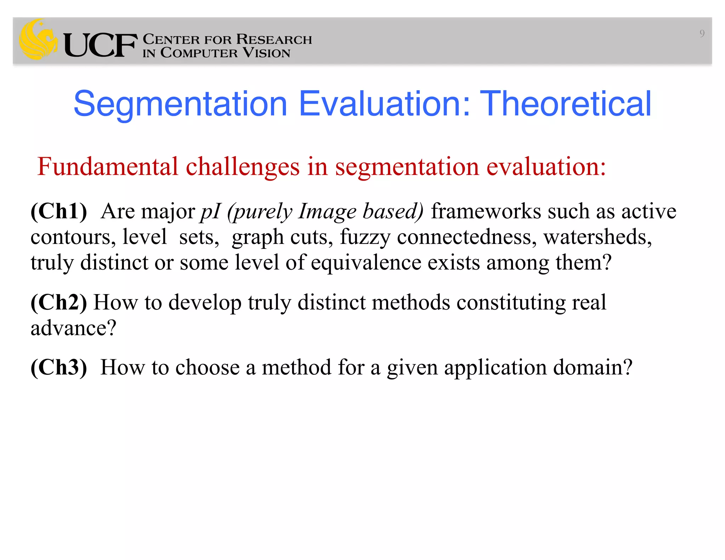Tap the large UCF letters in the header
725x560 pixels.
[x=100, y=45]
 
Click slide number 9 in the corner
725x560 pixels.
[x=702, y=34]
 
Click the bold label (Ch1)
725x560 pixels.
[x=59, y=211]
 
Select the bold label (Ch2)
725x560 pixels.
[x=59, y=302]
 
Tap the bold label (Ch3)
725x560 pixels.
[x=59, y=367]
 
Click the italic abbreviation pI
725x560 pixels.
[x=211, y=212]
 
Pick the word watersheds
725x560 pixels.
[x=597, y=237]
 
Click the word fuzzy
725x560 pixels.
[x=365, y=238]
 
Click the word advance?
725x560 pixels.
[x=73, y=328]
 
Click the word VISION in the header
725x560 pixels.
[x=267, y=53]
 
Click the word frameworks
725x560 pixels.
[x=486, y=211]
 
